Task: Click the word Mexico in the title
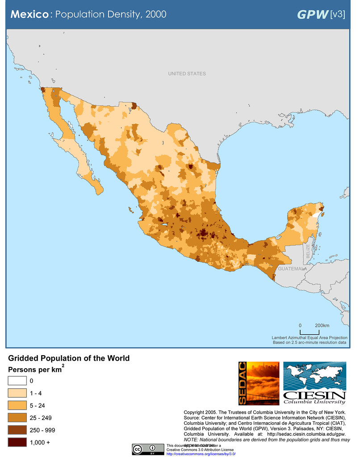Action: point(29,14)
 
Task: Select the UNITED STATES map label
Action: point(187,74)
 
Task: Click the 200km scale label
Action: point(322,325)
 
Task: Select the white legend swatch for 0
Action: point(17,381)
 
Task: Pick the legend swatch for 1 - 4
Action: point(17,393)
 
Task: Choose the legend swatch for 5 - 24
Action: point(17,406)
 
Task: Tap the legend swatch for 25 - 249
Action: point(17,418)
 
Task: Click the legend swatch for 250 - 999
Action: point(17,430)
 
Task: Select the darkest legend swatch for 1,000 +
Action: point(17,442)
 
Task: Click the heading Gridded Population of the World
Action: point(69,358)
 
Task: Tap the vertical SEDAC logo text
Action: point(243,383)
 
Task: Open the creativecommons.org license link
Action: point(195,453)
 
